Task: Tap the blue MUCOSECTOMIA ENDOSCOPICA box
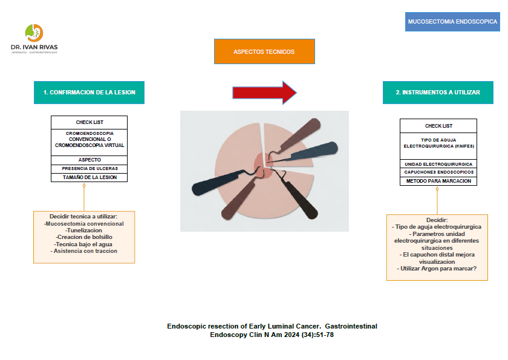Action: pyautogui.click(x=453, y=21)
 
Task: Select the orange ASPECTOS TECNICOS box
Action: pyautogui.click(x=264, y=51)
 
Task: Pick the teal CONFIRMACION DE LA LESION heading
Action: pyautogui.click(x=90, y=93)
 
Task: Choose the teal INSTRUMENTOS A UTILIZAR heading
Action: pyautogui.click(x=438, y=93)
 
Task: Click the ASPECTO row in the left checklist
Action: pyautogui.click(x=90, y=160)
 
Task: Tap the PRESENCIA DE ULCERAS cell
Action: pyautogui.click(x=90, y=168)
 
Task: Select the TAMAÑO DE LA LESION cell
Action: pyautogui.click(x=90, y=177)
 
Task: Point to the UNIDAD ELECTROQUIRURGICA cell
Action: pyautogui.click(x=438, y=164)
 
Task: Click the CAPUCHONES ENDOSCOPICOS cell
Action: pyautogui.click(x=438, y=172)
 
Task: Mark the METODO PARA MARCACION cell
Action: pyautogui.click(x=438, y=181)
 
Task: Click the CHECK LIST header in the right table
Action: pyautogui.click(x=438, y=126)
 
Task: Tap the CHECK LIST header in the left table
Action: pyautogui.click(x=90, y=122)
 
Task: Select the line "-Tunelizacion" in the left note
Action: pyautogui.click(x=83, y=231)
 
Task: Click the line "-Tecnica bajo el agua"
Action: pyautogui.click(x=83, y=244)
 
